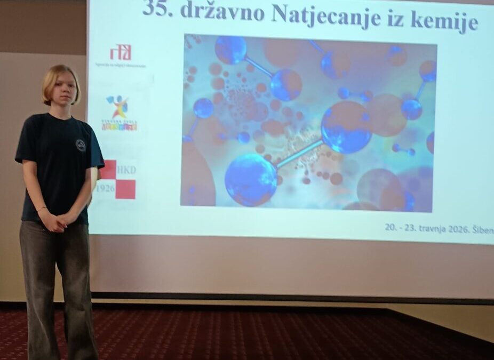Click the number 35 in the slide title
(156, 10)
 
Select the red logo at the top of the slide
(120, 52)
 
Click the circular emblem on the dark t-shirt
(81, 145)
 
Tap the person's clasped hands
(59, 219)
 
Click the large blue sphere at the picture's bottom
(251, 179)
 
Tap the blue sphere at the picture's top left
(230, 50)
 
